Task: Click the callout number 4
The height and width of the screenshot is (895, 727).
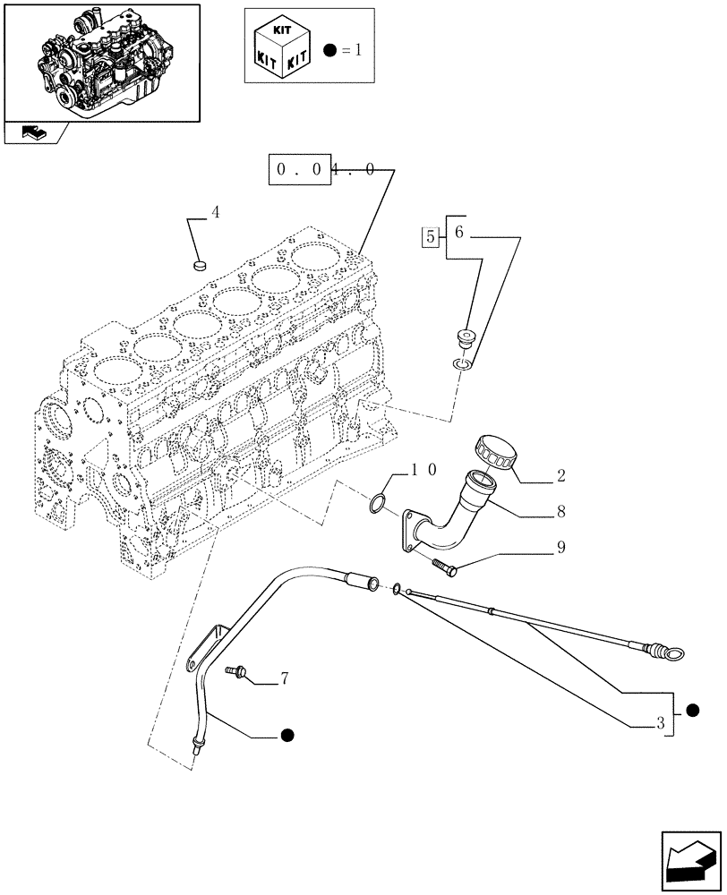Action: [215, 212]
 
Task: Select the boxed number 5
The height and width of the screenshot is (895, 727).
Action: [431, 237]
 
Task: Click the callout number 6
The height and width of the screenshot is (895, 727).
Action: [458, 233]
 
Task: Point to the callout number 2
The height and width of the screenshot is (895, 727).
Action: [560, 474]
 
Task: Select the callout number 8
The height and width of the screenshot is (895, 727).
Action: [560, 512]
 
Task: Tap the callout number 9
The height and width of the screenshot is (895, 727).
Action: [560, 547]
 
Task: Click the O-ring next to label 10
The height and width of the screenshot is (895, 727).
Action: [379, 504]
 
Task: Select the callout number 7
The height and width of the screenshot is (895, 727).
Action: [284, 679]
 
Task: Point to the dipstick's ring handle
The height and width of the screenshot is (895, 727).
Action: [668, 654]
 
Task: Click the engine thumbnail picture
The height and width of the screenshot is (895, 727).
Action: [101, 61]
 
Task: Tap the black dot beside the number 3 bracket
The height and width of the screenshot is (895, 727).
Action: [692, 710]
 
